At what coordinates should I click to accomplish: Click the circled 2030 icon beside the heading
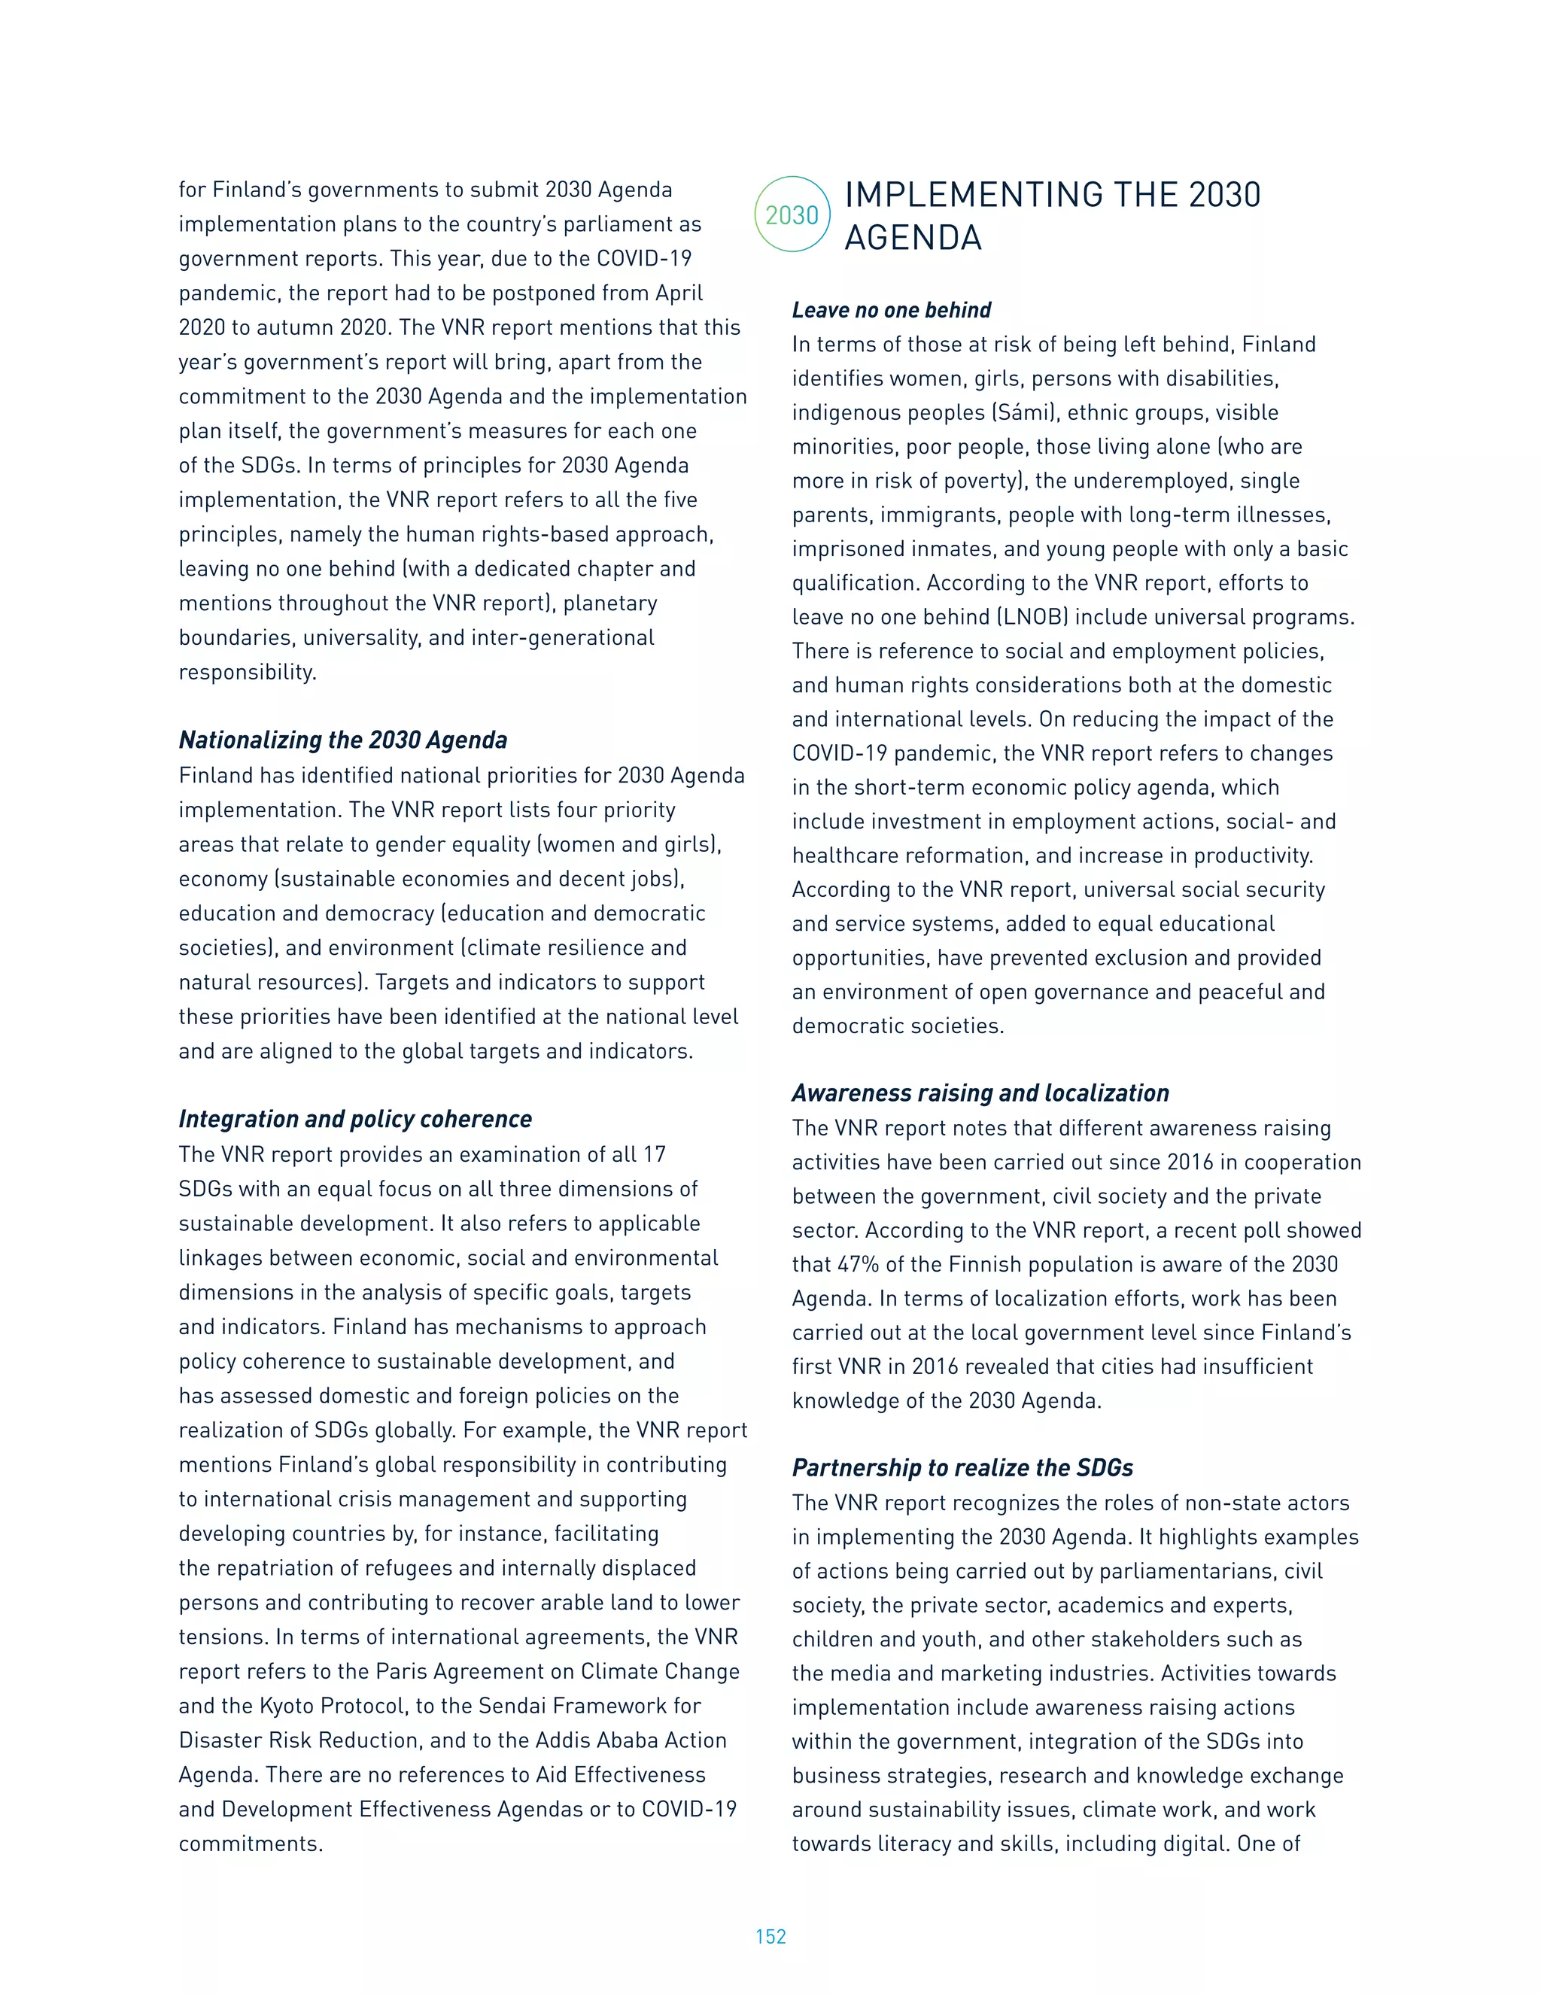pos(792,214)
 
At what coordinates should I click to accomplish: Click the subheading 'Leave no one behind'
pos(891,311)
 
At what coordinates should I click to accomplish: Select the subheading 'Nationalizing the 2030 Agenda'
pos(342,740)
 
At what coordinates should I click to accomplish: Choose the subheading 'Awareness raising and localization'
pos(980,1093)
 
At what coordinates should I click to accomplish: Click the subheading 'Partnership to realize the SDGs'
pos(962,1467)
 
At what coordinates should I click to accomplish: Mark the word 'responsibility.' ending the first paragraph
pos(248,672)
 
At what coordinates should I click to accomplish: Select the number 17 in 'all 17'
pos(654,1154)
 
